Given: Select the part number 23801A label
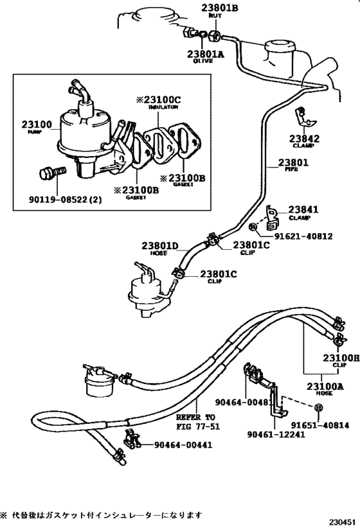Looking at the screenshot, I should click(205, 55).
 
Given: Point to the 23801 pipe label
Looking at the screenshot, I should click(294, 162).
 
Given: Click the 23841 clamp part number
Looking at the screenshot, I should click(303, 209).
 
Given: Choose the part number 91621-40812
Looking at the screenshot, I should click(299, 236).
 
